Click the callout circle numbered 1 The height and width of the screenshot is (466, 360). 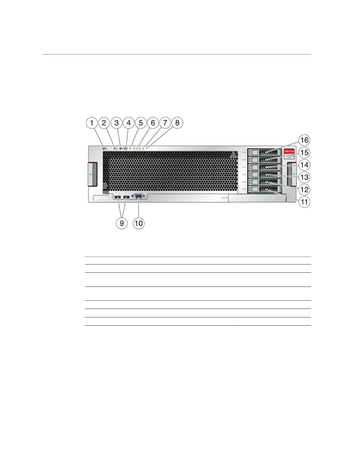[x=92, y=123]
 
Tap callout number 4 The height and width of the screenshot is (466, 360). [x=129, y=123]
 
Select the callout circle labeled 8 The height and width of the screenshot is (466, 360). [x=177, y=123]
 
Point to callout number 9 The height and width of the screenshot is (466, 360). [x=121, y=223]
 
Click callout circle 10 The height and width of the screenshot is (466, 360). [x=139, y=223]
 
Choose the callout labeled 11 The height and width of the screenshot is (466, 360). [x=304, y=202]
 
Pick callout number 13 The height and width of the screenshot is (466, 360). [x=304, y=177]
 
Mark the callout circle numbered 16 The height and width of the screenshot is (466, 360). [x=304, y=140]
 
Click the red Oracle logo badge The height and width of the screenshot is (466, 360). [x=289, y=151]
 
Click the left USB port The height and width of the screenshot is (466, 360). [x=117, y=197]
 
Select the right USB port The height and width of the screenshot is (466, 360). [x=126, y=197]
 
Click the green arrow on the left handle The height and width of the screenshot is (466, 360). [x=91, y=174]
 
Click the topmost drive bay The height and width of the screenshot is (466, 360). [x=264, y=152]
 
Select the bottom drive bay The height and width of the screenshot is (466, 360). [x=264, y=189]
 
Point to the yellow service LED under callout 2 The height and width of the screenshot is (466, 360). [x=115, y=149]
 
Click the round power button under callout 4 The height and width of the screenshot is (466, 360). [x=126, y=149]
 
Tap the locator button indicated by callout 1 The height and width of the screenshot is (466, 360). [x=104, y=149]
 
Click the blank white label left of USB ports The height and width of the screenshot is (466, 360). [x=101, y=198]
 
